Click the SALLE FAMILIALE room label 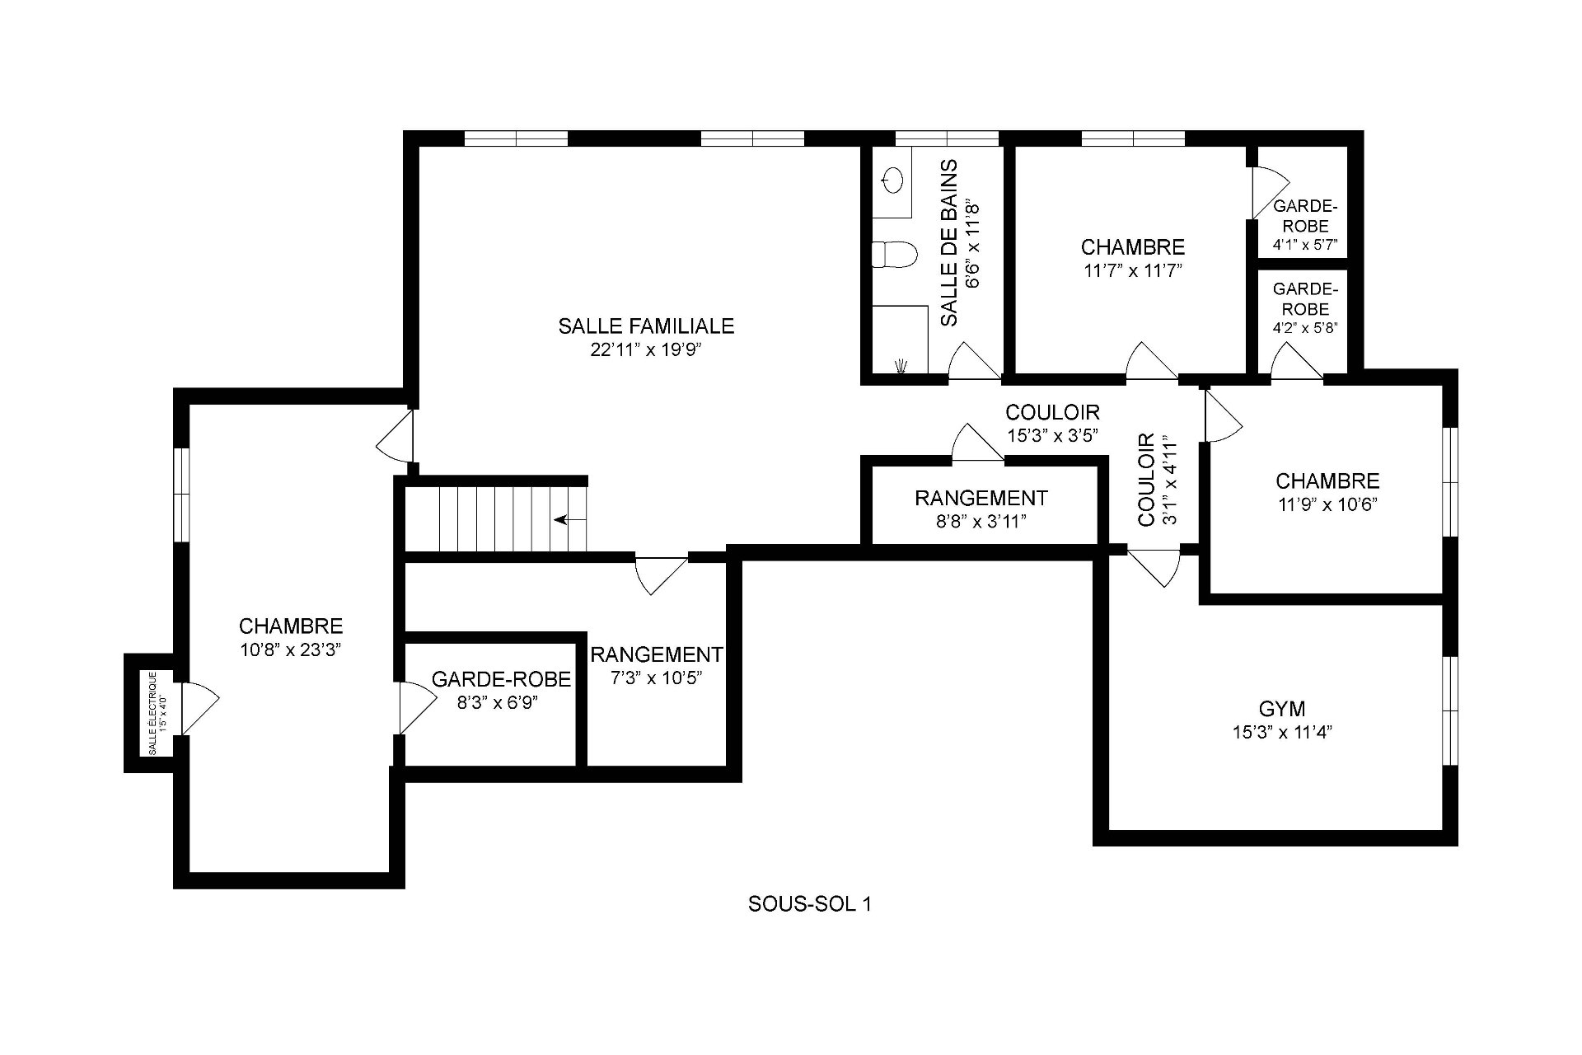pyautogui.click(x=645, y=326)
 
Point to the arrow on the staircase pyautogui.click(x=569, y=520)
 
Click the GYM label pyautogui.click(x=1281, y=709)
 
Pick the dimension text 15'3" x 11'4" pyautogui.click(x=1281, y=732)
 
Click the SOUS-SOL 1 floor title pyautogui.click(x=809, y=904)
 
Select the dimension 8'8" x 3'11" pyautogui.click(x=981, y=521)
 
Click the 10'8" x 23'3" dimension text pyautogui.click(x=290, y=649)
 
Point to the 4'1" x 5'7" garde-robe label pyautogui.click(x=1304, y=245)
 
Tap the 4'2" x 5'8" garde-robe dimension pyautogui.click(x=1304, y=327)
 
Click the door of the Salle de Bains pyautogui.click(x=972, y=363)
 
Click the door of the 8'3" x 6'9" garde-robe pyautogui.click(x=416, y=707)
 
